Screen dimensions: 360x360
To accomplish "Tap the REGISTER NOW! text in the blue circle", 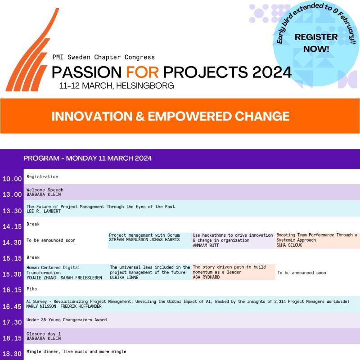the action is (x=316, y=43).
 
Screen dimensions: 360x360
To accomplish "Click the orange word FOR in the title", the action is (x=142, y=72).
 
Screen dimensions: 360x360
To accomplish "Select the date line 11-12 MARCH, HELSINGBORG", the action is (x=117, y=85).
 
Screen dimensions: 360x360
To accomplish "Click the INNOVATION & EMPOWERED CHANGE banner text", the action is (x=171, y=116).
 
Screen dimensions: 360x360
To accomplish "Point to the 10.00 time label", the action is (x=12, y=179).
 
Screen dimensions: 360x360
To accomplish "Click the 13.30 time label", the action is (x=12, y=211).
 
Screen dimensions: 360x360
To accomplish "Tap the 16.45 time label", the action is (x=12, y=306).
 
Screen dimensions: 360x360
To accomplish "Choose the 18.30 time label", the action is (x=12, y=354).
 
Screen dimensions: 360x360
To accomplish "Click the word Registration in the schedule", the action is (x=42, y=177).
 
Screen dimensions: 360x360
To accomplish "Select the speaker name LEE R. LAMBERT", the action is (x=44, y=211).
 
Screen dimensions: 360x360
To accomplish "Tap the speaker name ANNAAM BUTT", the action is (x=206, y=245).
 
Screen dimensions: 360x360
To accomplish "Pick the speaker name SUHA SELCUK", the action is (x=289, y=245).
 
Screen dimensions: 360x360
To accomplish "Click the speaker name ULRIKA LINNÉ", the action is (x=124, y=277).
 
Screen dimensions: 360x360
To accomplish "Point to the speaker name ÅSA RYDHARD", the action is (x=206, y=277).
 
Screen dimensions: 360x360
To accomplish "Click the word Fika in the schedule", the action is (x=31, y=289).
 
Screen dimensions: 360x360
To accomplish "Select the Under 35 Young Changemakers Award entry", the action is (x=67, y=320).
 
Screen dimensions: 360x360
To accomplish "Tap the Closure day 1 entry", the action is (x=44, y=334).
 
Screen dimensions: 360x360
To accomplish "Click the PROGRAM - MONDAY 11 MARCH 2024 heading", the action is (x=87, y=158).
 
